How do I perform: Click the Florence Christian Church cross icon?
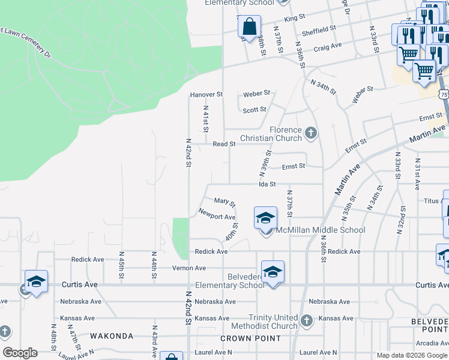pyautogui.click(x=310, y=132)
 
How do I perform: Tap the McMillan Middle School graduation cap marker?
pyautogui.click(x=265, y=219)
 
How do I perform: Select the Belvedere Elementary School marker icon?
pyautogui.click(x=273, y=272)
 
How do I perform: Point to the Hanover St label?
pyautogui.click(x=206, y=95)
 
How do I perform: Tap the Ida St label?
pyautogui.click(x=267, y=184)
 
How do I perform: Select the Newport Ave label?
pyautogui.click(x=217, y=217)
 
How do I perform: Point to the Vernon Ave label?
pyautogui.click(x=189, y=268)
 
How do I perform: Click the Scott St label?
pyautogui.click(x=255, y=110)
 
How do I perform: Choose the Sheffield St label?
pyautogui.click(x=319, y=30)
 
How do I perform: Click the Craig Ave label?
pyautogui.click(x=327, y=45)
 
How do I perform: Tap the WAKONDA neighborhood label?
pyautogui.click(x=112, y=336)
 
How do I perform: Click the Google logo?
pyautogui.click(x=19, y=353)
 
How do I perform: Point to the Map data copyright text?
pyautogui.click(x=412, y=355)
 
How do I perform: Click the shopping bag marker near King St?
pyautogui.click(x=249, y=27)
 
